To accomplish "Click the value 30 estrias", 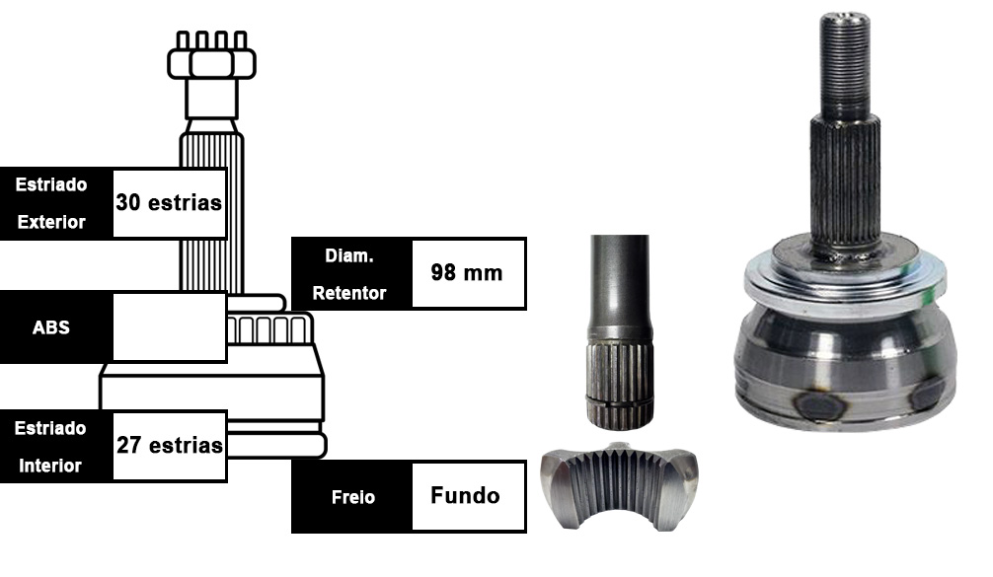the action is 169,202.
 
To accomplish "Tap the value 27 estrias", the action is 169,445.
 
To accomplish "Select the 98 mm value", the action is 467,272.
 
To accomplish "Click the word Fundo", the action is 466,495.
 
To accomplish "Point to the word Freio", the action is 352,497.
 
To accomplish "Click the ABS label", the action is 50,327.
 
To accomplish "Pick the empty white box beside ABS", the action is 169,327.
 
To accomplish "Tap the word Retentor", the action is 349,293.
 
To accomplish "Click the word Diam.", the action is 349,255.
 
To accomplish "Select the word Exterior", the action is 51,222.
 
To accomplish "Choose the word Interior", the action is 50,466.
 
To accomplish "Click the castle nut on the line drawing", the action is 211,56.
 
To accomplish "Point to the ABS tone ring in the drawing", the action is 269,328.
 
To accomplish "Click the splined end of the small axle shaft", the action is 619,386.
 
